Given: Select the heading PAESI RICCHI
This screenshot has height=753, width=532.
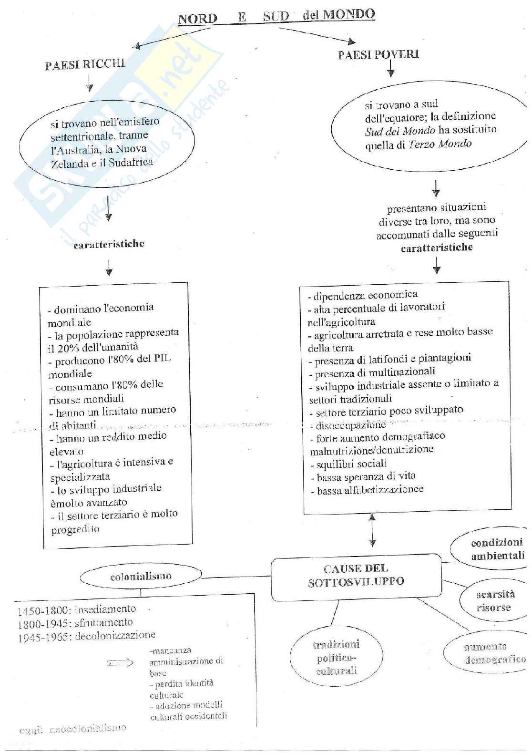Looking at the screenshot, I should pos(85,64).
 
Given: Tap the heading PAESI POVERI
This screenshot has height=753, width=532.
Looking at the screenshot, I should pos(378,54).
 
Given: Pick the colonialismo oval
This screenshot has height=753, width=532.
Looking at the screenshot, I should pos(141,576).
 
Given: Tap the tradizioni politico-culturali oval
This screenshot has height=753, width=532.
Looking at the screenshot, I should pos(336,658).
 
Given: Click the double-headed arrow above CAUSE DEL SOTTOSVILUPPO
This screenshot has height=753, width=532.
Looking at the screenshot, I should pos(372,529).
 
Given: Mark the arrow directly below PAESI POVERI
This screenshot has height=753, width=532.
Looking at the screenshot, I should pos(391,70).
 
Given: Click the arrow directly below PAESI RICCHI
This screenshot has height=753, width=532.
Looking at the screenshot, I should pos(89,83).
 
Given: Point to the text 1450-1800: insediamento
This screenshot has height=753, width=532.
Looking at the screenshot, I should pos(77,609).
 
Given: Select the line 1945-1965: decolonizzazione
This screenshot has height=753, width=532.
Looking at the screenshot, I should pos(86,636).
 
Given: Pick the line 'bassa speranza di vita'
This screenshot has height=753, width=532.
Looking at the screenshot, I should pos(366,476).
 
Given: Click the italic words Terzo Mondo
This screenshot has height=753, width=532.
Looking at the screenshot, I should pos(440,144).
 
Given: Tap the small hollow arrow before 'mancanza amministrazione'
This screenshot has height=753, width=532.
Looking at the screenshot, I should pos(121,662).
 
